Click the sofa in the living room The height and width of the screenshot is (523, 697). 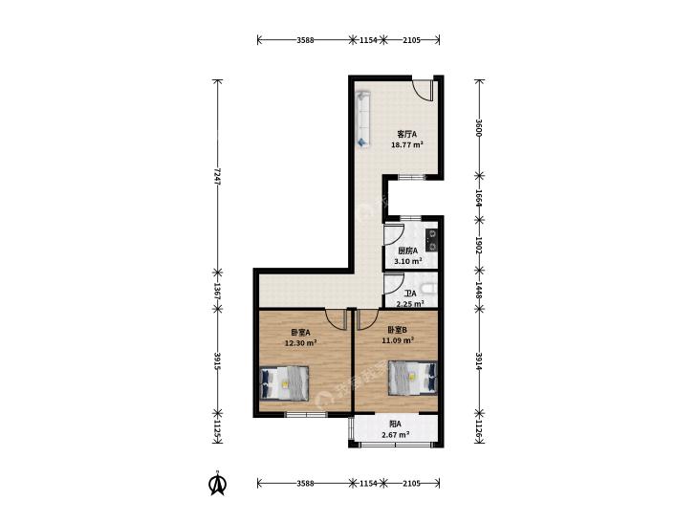[362, 120]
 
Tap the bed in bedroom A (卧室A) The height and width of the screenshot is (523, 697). [284, 382]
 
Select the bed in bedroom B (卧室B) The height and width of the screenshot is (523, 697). [412, 378]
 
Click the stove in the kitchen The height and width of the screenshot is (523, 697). [431, 240]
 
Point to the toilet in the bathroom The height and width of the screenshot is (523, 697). [429, 290]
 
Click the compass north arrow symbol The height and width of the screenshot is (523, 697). [217, 485]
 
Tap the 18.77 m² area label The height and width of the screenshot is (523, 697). [406, 145]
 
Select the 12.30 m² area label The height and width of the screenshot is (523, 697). [300, 342]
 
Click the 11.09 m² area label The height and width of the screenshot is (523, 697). [398, 340]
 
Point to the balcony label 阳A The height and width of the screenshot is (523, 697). [396, 424]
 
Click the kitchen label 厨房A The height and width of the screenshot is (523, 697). [408, 251]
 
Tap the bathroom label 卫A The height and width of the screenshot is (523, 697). [410, 294]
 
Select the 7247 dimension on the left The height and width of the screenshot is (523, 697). [217, 176]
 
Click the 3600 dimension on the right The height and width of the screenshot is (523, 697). [479, 128]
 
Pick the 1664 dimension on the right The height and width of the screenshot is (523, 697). [479, 198]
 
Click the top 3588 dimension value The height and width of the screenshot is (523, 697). [305, 40]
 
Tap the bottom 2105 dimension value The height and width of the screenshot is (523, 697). [412, 483]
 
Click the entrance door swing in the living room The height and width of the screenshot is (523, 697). [424, 92]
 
